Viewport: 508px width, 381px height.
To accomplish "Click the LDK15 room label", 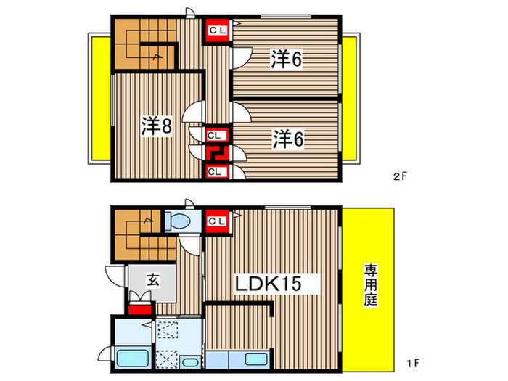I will coord(266,282).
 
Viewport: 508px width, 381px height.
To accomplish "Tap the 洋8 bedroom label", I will coord(156,126).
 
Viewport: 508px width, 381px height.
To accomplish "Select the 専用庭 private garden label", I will coord(371,286).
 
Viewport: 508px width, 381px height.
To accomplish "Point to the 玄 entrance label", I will coord(153,278).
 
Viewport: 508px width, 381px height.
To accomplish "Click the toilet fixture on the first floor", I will coord(178,220).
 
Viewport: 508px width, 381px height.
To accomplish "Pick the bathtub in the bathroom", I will coord(131,359).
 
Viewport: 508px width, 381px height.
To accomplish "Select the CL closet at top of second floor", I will coord(216,30).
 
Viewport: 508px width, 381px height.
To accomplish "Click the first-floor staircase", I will coord(144,234).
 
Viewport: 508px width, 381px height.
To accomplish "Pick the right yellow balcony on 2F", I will coord(350,99).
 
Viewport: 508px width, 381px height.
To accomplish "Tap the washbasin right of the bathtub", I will coord(190,361).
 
